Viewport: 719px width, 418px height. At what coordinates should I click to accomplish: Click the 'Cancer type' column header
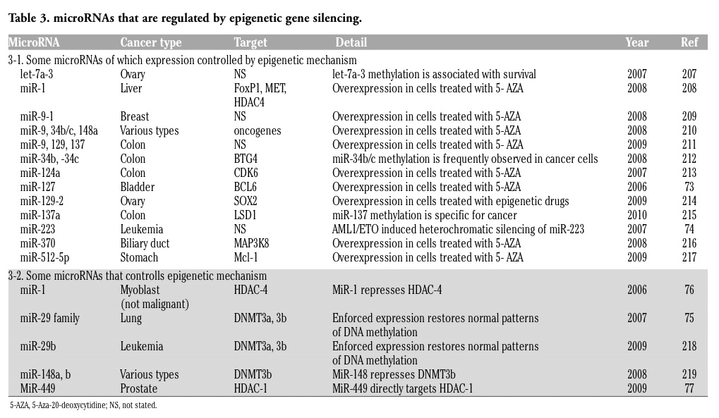[x=151, y=42]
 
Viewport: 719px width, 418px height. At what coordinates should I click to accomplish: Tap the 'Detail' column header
[x=351, y=42]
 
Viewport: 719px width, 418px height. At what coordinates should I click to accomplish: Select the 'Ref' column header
[x=689, y=42]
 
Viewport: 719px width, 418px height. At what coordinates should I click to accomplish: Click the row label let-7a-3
[x=37, y=74]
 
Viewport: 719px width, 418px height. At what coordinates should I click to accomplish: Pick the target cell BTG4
[x=246, y=159]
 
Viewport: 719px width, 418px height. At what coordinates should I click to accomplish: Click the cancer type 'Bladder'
[x=138, y=188]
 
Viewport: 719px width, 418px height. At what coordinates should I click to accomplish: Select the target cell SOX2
[x=246, y=201]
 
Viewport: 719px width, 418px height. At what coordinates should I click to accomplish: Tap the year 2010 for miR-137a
[x=637, y=216]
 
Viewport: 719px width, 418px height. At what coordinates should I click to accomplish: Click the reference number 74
[x=689, y=230]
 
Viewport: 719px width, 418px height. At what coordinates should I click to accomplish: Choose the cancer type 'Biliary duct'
[x=145, y=244]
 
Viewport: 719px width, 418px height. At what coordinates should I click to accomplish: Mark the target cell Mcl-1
[x=246, y=257]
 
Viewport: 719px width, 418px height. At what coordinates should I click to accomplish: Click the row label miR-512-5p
[x=44, y=258]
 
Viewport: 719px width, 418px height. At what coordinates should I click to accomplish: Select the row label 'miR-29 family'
[x=49, y=319]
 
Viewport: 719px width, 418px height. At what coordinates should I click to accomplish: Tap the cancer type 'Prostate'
[x=138, y=388]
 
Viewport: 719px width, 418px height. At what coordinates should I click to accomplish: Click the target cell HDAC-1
[x=250, y=388]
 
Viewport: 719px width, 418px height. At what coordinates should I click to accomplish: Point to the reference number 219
[x=689, y=374]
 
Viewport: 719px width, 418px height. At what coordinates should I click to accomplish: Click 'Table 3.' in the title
[x=29, y=18]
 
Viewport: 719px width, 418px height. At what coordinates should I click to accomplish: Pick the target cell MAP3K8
[x=251, y=244]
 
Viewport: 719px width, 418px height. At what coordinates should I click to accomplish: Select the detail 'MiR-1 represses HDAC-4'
[x=387, y=290]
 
